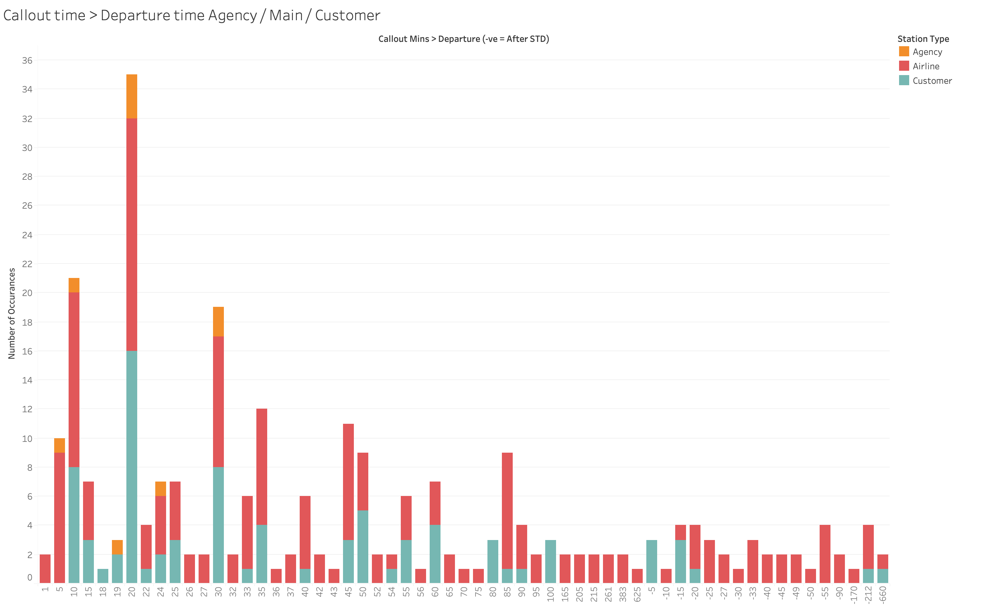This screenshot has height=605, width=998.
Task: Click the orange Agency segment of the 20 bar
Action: coord(132,96)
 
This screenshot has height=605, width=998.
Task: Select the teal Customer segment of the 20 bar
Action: coord(132,466)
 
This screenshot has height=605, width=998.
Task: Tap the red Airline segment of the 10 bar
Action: coord(74,379)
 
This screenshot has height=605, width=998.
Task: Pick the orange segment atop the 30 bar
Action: coord(218,322)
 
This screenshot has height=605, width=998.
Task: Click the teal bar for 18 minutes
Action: coord(103,575)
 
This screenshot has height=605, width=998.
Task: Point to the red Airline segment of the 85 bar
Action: coord(507,510)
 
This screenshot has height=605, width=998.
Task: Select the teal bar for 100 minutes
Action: coord(550,561)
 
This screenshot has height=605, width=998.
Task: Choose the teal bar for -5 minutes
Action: coord(652,561)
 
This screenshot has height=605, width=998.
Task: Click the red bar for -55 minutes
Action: coord(825,554)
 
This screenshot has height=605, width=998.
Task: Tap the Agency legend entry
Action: coord(927,52)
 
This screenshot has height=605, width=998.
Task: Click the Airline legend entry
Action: coord(925,66)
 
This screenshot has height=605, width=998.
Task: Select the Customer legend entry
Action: coord(932,80)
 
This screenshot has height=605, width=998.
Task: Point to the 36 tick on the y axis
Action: coord(27,60)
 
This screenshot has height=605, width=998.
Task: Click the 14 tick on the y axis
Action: coord(27,380)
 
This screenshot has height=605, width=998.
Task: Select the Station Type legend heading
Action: coord(923,39)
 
